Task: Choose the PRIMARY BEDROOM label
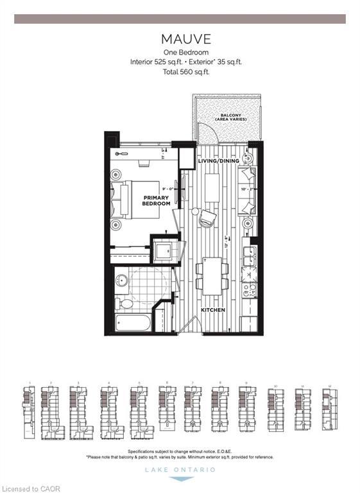tap(157, 200)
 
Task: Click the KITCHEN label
tap(212, 309)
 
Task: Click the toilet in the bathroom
tap(126, 302)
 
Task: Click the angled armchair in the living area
tap(207, 219)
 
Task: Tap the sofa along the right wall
tap(247, 191)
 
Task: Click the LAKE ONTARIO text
tap(180, 470)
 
